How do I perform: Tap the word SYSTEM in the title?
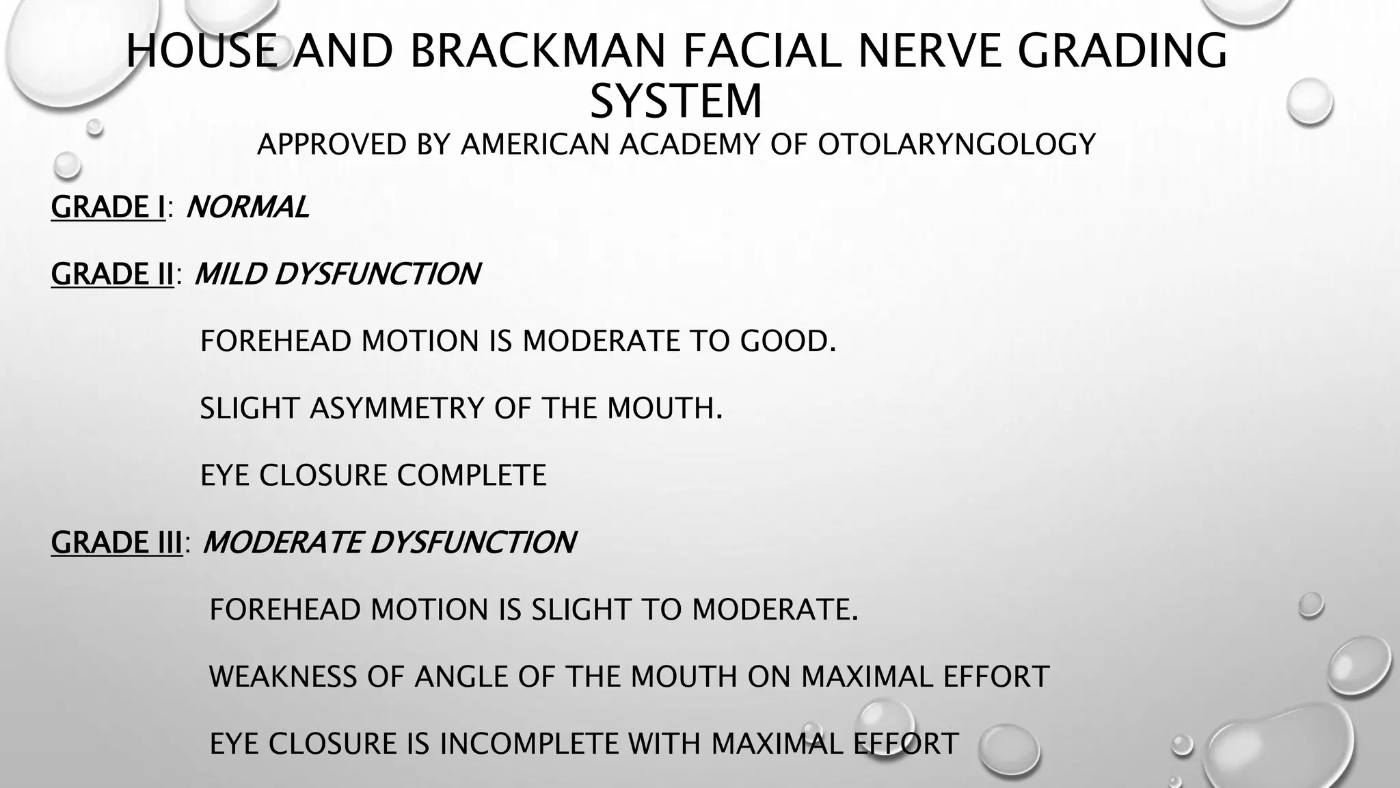click(676, 101)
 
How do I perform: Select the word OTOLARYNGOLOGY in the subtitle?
click(956, 144)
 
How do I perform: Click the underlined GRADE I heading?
click(108, 207)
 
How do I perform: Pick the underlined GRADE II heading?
click(113, 274)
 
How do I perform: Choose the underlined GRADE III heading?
click(117, 542)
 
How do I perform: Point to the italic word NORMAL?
click(247, 207)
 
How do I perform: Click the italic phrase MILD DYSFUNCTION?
click(337, 274)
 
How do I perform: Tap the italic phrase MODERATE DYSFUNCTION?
click(389, 542)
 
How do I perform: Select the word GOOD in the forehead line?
click(787, 341)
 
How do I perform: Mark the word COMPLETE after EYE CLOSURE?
click(472, 475)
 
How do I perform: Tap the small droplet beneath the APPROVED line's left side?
click(67, 164)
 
